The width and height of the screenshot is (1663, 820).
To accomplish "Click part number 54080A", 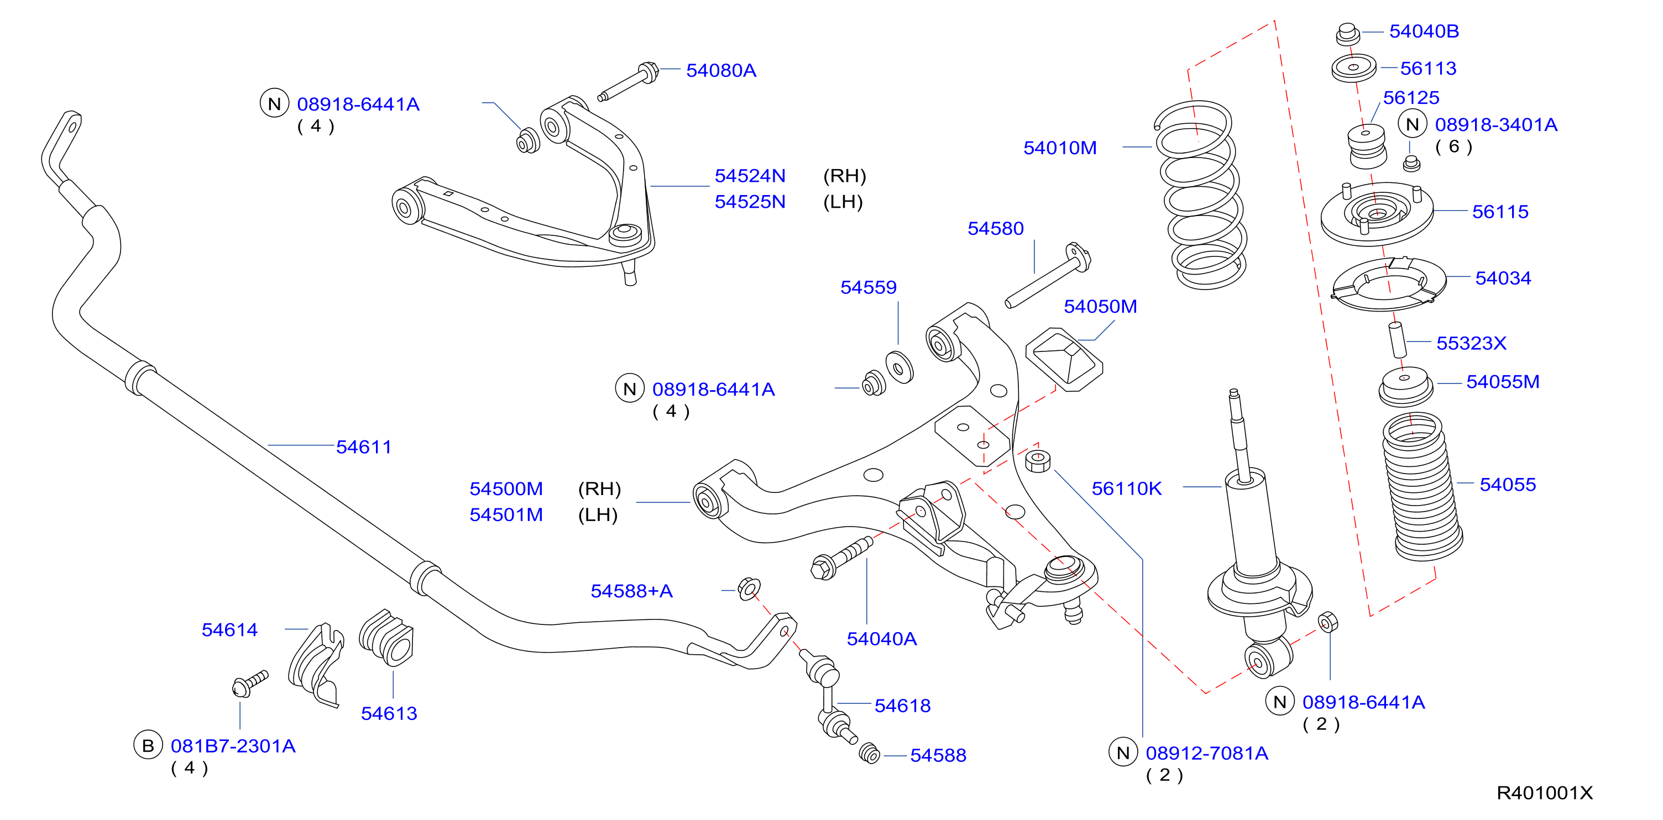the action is tap(720, 70).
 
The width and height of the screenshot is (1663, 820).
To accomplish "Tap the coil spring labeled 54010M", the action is tap(1201, 193).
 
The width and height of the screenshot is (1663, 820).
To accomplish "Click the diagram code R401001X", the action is tap(1544, 793).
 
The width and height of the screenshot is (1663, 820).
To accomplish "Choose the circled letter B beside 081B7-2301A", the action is tap(148, 745).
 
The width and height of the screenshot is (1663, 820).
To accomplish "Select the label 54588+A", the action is tap(631, 591).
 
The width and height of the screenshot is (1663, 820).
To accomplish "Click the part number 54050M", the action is tap(1100, 307).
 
